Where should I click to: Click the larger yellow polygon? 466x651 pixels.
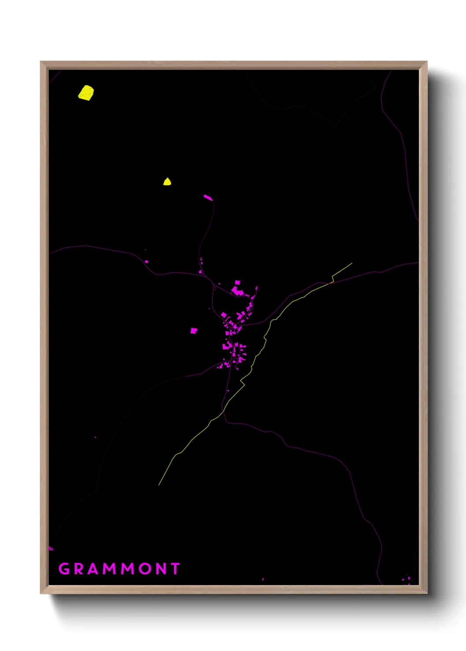point(86,93)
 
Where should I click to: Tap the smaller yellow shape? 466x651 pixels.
point(167,182)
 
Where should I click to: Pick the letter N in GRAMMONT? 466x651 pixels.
point(161,569)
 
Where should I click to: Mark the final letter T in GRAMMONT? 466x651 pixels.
point(176,569)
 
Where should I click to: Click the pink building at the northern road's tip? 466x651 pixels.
point(208,197)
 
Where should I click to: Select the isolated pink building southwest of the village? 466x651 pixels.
point(193,330)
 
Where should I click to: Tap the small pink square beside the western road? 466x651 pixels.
point(147,262)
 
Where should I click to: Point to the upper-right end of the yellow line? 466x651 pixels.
point(352,263)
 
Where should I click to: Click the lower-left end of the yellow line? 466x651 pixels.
point(159,485)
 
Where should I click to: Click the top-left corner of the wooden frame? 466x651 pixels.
point(41,62)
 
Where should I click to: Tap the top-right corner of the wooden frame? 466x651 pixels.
point(426,62)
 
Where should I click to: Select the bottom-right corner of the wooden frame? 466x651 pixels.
point(426,593)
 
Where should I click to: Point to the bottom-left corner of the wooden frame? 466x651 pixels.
point(41,593)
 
